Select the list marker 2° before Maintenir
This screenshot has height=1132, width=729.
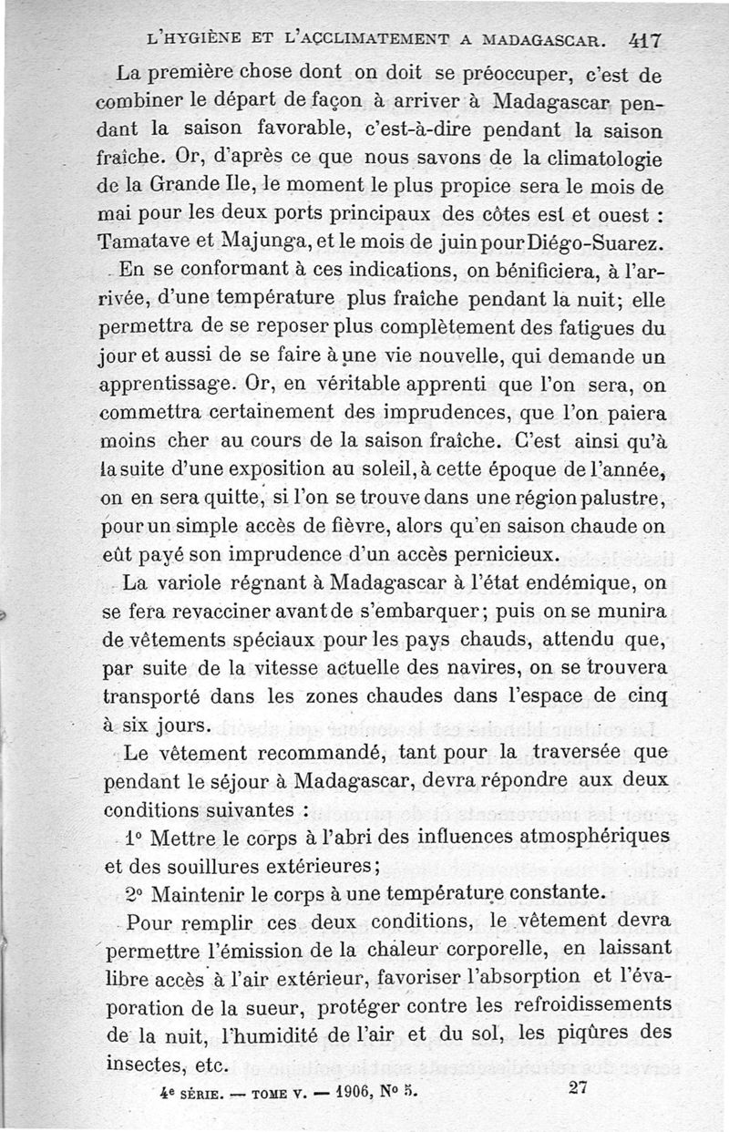pos(136,890)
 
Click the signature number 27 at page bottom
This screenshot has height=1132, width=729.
pos(576,1086)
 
